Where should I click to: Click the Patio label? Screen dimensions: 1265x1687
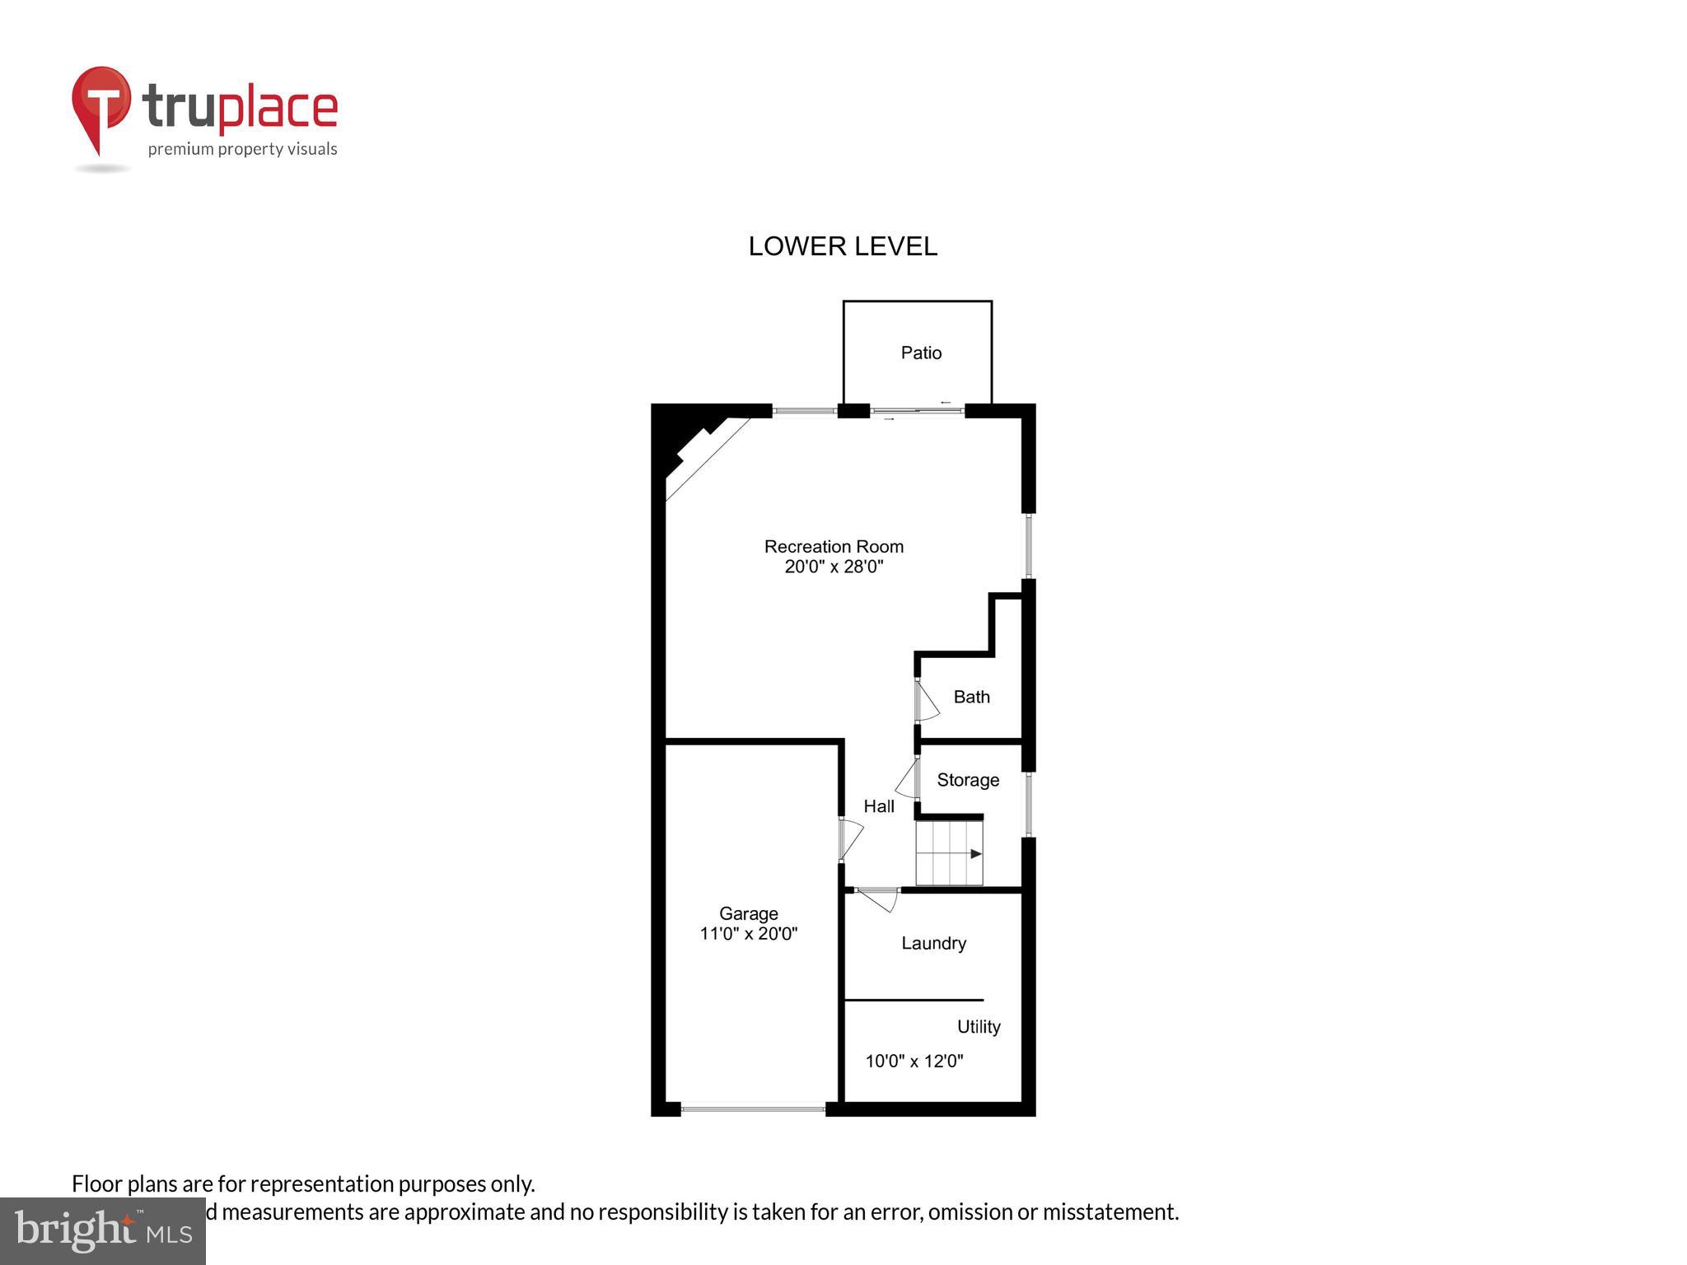pyautogui.click(x=921, y=353)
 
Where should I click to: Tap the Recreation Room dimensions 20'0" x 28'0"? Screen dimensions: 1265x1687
pyautogui.click(x=834, y=567)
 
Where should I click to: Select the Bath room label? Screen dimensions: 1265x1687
pyautogui.click(x=971, y=697)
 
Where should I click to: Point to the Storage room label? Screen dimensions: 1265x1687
pyautogui.click(x=968, y=780)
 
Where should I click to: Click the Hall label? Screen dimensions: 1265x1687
pyautogui.click(x=879, y=806)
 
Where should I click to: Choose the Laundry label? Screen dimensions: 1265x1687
pyautogui.click(x=933, y=943)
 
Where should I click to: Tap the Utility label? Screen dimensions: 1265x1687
pyautogui.click(x=979, y=1026)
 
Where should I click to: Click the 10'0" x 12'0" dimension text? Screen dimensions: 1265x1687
pyautogui.click(x=914, y=1061)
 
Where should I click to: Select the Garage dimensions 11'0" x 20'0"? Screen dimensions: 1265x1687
pyautogui.click(x=748, y=934)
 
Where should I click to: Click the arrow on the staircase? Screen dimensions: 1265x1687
pyautogui.click(x=975, y=854)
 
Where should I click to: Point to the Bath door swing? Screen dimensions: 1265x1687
pyautogui.click(x=927, y=701)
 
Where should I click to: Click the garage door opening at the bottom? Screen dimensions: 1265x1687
pyautogui.click(x=753, y=1109)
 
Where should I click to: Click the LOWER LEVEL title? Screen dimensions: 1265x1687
pyautogui.click(x=843, y=246)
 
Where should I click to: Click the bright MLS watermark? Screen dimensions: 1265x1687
pyautogui.click(x=103, y=1230)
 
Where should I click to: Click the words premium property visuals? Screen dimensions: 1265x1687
pyautogui.click(x=242, y=149)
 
